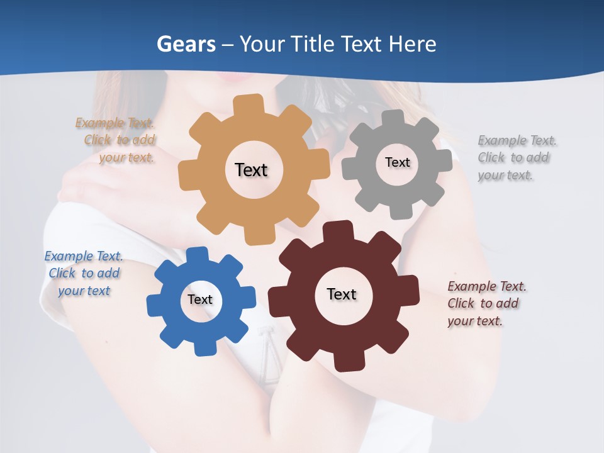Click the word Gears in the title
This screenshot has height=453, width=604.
186,44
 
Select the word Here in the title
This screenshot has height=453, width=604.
413,44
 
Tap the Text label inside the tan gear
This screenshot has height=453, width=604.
251,170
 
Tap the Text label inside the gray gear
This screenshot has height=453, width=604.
397,162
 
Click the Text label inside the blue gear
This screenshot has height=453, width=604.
200,299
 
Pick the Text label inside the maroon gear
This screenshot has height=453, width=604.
342,294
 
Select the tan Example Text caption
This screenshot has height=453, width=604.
116,140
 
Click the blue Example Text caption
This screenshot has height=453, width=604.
84,274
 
